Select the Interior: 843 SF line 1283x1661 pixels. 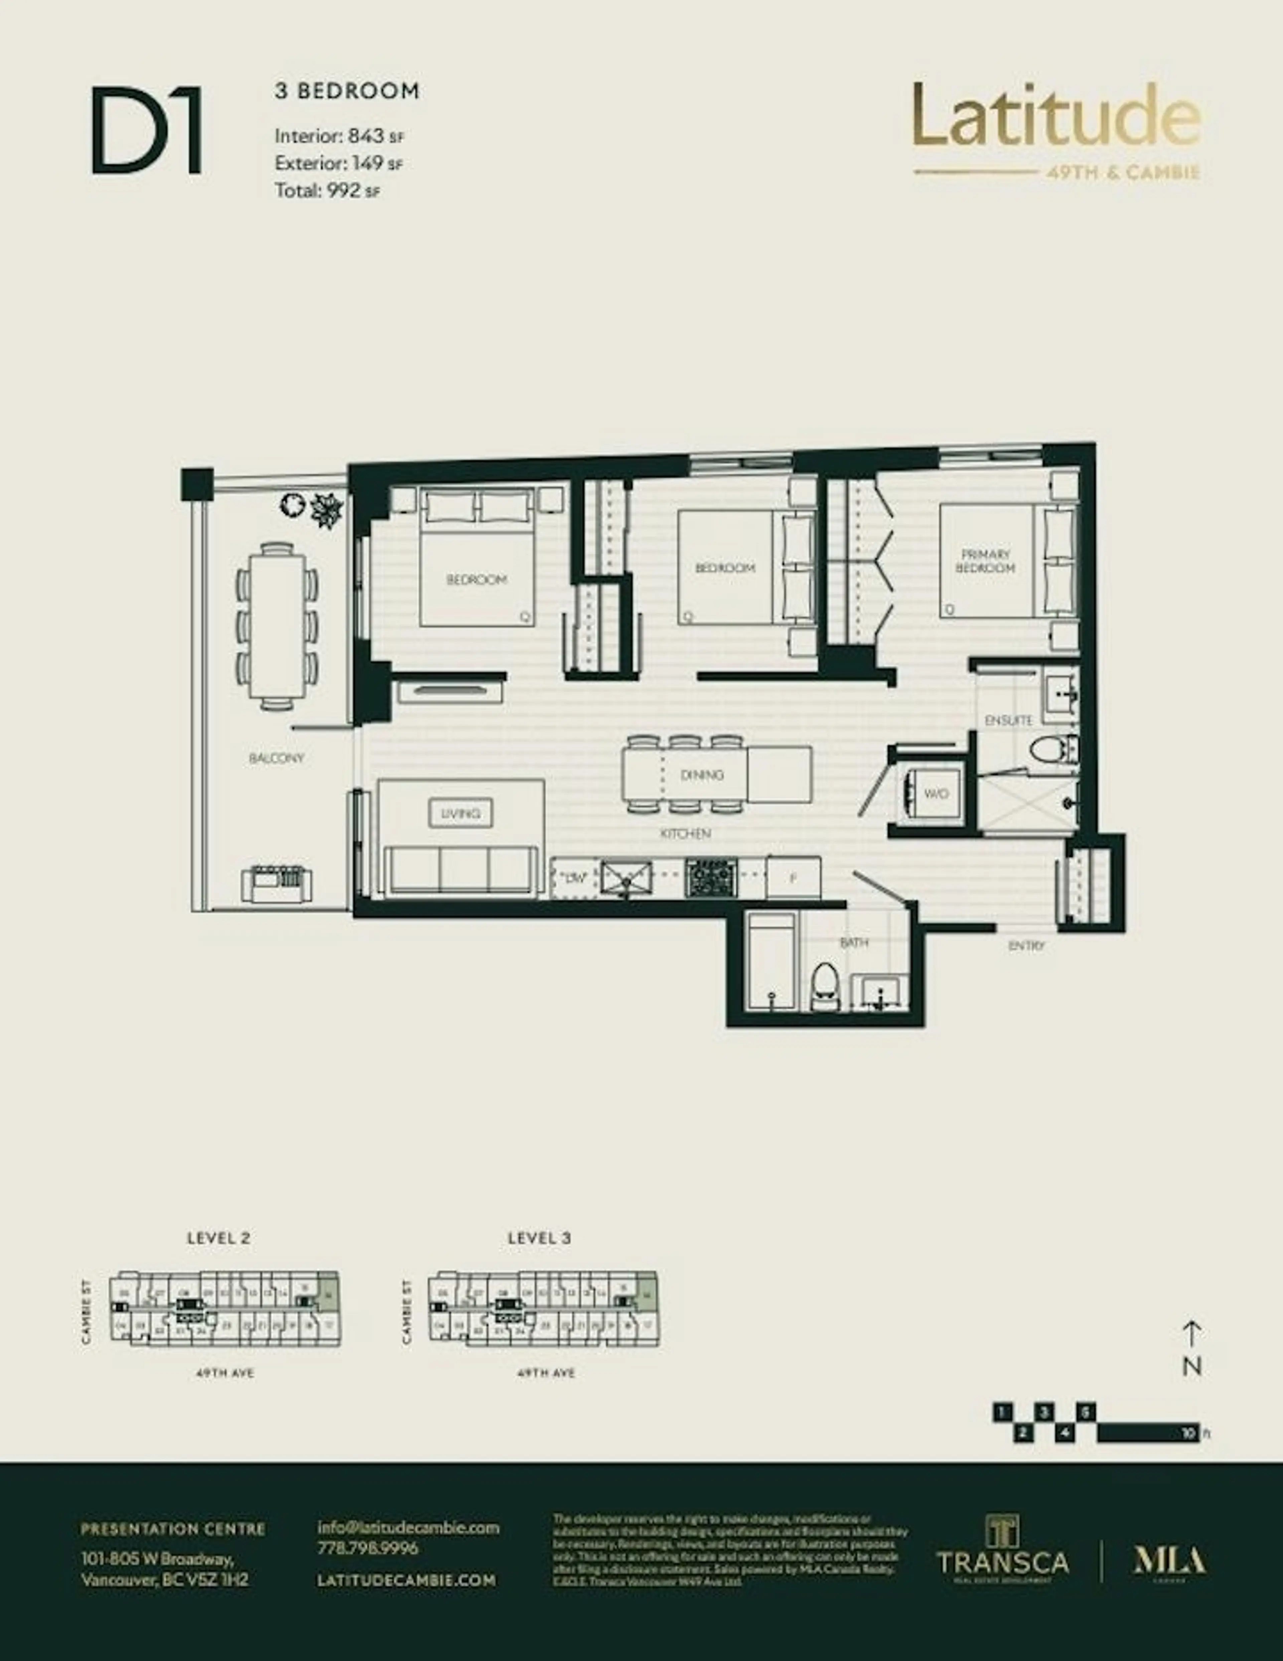click(339, 137)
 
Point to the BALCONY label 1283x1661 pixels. click(277, 758)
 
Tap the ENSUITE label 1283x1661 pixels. click(1008, 720)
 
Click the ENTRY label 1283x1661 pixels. click(1027, 945)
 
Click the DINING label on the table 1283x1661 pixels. click(701, 775)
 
